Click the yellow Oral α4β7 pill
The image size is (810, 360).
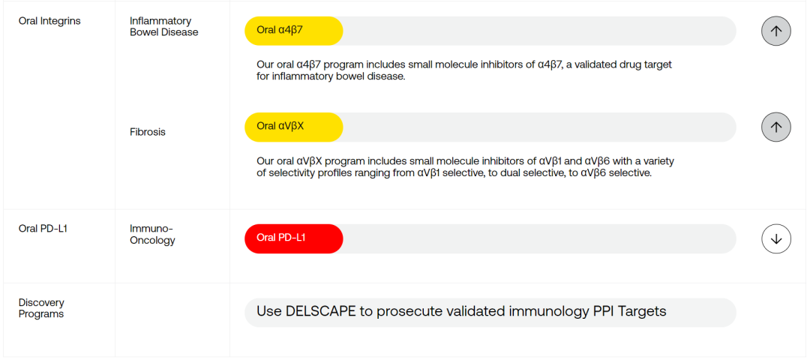(x=293, y=31)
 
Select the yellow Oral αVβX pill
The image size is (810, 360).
(x=293, y=127)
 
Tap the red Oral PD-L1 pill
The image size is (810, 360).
(x=293, y=238)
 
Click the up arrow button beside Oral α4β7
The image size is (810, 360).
(x=776, y=31)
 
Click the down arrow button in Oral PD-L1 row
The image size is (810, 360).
(x=776, y=238)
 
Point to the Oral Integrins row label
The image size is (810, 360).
(x=49, y=22)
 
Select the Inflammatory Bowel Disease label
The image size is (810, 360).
(x=163, y=27)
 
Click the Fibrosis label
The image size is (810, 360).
(x=148, y=132)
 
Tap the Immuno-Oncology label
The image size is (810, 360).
(x=152, y=235)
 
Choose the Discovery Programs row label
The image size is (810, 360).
(x=41, y=308)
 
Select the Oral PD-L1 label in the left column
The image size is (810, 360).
(x=43, y=228)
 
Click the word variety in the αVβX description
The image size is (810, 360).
(x=660, y=161)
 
